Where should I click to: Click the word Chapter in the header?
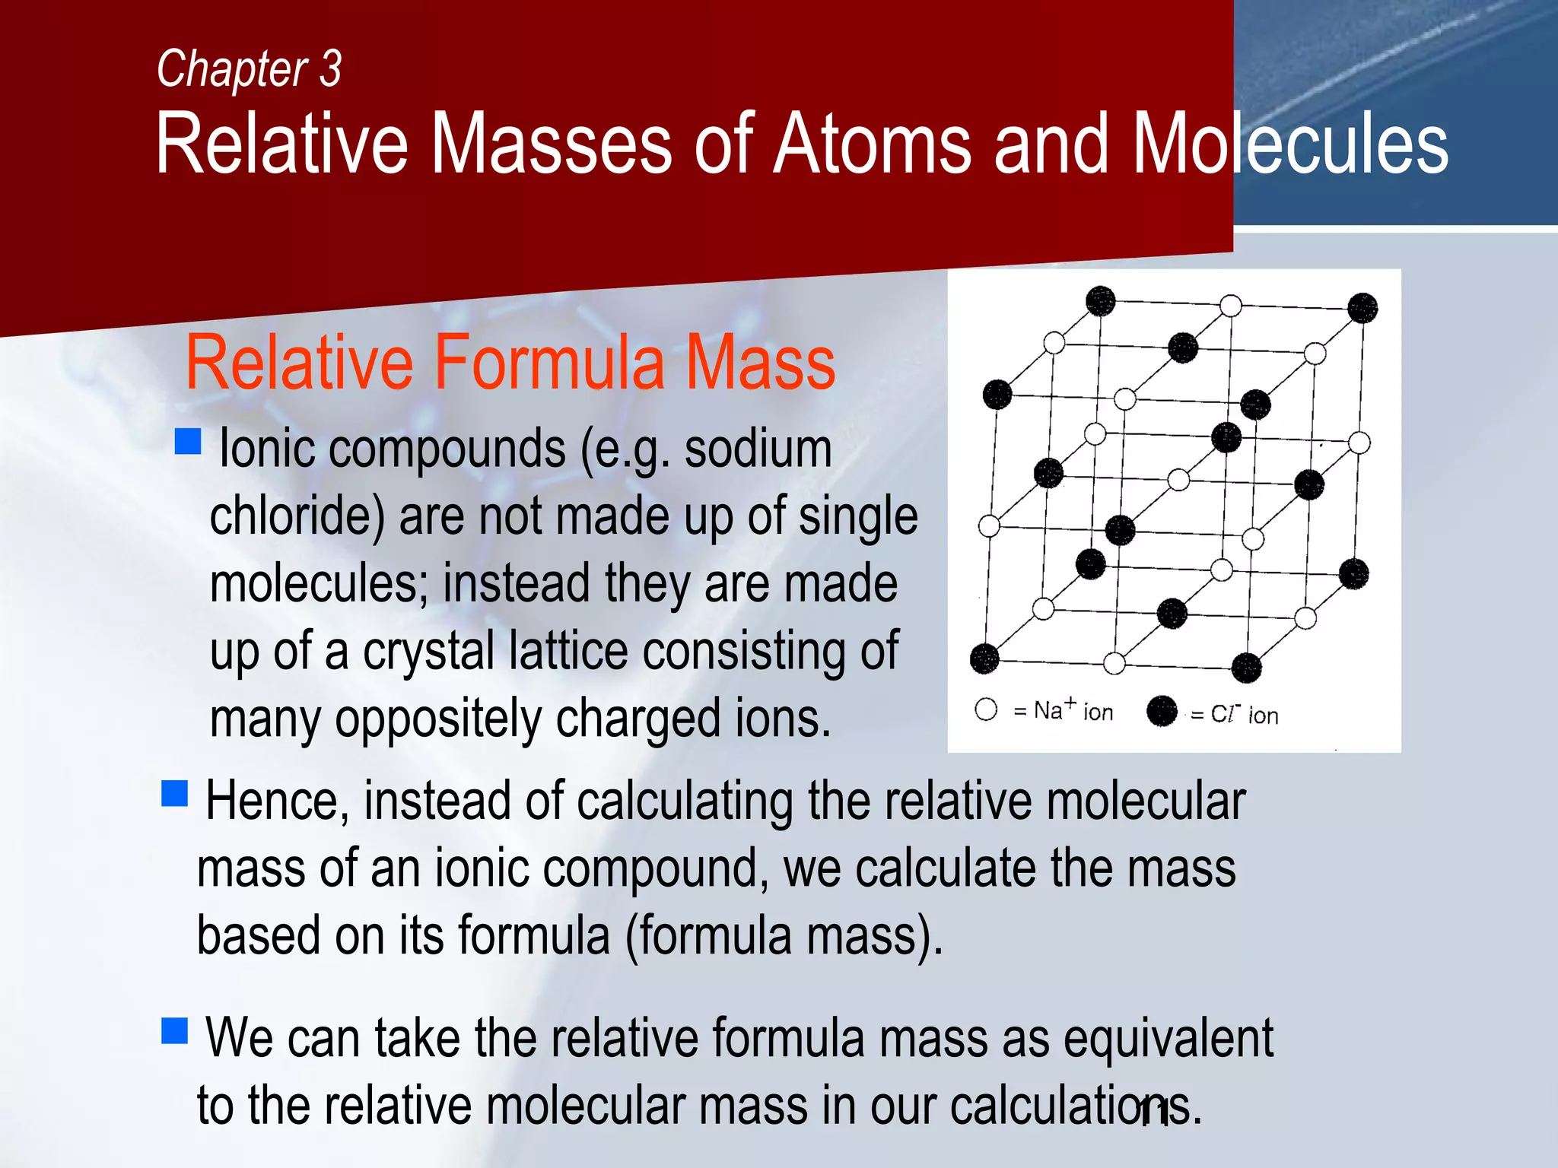pyautogui.click(x=231, y=69)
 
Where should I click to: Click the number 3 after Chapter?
pyautogui.click(x=330, y=69)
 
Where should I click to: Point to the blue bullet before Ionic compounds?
pyautogui.click(x=188, y=441)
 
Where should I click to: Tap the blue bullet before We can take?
pyautogui.click(x=175, y=1031)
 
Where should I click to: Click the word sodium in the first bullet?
pyautogui.click(x=758, y=449)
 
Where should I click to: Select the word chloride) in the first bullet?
pyautogui.click(x=297, y=516)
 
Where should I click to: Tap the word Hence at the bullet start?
pyautogui.click(x=277, y=801)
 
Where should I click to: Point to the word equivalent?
pyautogui.click(x=1168, y=1039)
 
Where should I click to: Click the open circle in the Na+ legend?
pyautogui.click(x=986, y=709)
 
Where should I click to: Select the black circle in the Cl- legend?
pyautogui.click(x=1162, y=711)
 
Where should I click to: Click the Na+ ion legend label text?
pyautogui.click(x=1073, y=711)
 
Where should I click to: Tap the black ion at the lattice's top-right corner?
pyautogui.click(x=1362, y=308)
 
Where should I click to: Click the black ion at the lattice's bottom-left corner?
pyautogui.click(x=984, y=659)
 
